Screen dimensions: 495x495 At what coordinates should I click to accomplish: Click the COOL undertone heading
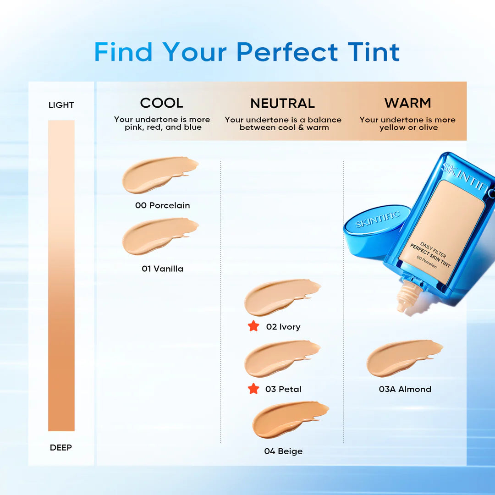[161, 103]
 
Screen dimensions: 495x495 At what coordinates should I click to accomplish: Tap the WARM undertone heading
[407, 103]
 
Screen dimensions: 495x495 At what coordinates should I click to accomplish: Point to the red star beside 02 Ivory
[253, 326]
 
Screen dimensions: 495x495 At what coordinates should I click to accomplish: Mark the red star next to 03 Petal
[253, 389]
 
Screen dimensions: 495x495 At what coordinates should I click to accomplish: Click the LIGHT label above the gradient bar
[61, 105]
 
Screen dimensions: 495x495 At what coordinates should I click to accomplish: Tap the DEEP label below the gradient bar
[61, 447]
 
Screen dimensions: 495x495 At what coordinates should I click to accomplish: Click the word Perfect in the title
[287, 52]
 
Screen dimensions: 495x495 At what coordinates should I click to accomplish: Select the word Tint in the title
[374, 52]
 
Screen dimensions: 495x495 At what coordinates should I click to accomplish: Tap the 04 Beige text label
[283, 451]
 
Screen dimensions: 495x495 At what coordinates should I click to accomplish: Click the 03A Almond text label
[405, 389]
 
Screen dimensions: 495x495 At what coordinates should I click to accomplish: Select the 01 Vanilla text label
[162, 269]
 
